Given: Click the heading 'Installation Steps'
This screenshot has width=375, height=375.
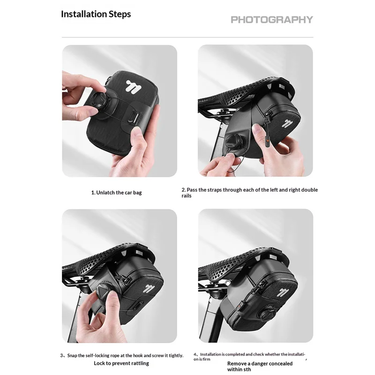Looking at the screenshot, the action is (96, 14).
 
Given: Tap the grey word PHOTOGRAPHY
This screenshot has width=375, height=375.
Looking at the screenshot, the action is (272, 20).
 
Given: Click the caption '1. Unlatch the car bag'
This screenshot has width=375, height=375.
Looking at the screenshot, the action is (116, 193).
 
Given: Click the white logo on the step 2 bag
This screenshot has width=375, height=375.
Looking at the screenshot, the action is (287, 124).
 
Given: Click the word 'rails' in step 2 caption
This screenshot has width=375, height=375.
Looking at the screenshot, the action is (187, 196).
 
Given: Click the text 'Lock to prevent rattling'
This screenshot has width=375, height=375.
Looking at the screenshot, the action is (121, 363).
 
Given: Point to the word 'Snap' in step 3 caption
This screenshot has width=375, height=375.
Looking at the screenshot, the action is (72, 356).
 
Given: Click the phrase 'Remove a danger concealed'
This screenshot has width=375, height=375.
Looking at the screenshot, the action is (260, 364).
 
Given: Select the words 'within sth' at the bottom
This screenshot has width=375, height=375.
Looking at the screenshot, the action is (239, 369).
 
